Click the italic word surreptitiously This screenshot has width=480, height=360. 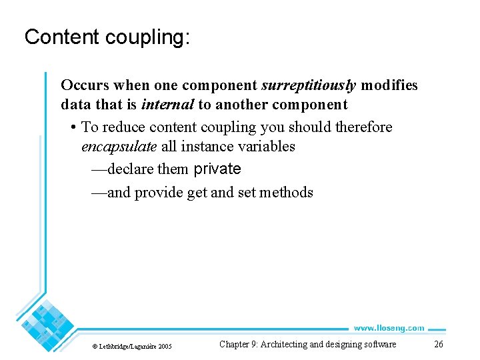click(309, 85)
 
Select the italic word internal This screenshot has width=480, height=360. click(168, 105)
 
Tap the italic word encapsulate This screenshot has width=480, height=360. click(119, 146)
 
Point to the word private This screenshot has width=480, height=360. click(217, 169)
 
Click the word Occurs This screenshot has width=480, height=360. click(85, 85)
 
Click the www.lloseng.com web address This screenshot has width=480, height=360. click(389, 328)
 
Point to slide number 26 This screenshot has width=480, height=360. click(438, 345)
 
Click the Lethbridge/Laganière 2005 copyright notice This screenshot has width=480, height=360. click(131, 346)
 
